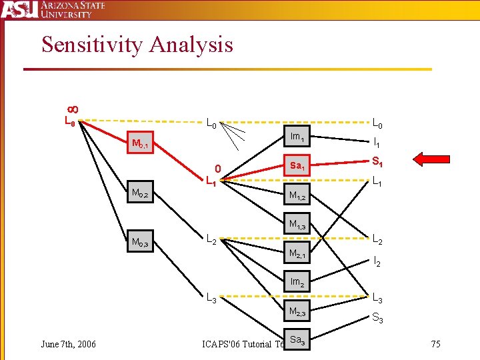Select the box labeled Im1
click(297, 138)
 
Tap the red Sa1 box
click(297, 165)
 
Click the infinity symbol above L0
click(71, 109)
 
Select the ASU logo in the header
click(19, 9)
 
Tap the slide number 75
click(435, 344)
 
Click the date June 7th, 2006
click(68, 344)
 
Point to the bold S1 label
click(377, 161)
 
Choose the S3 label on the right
click(377, 319)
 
